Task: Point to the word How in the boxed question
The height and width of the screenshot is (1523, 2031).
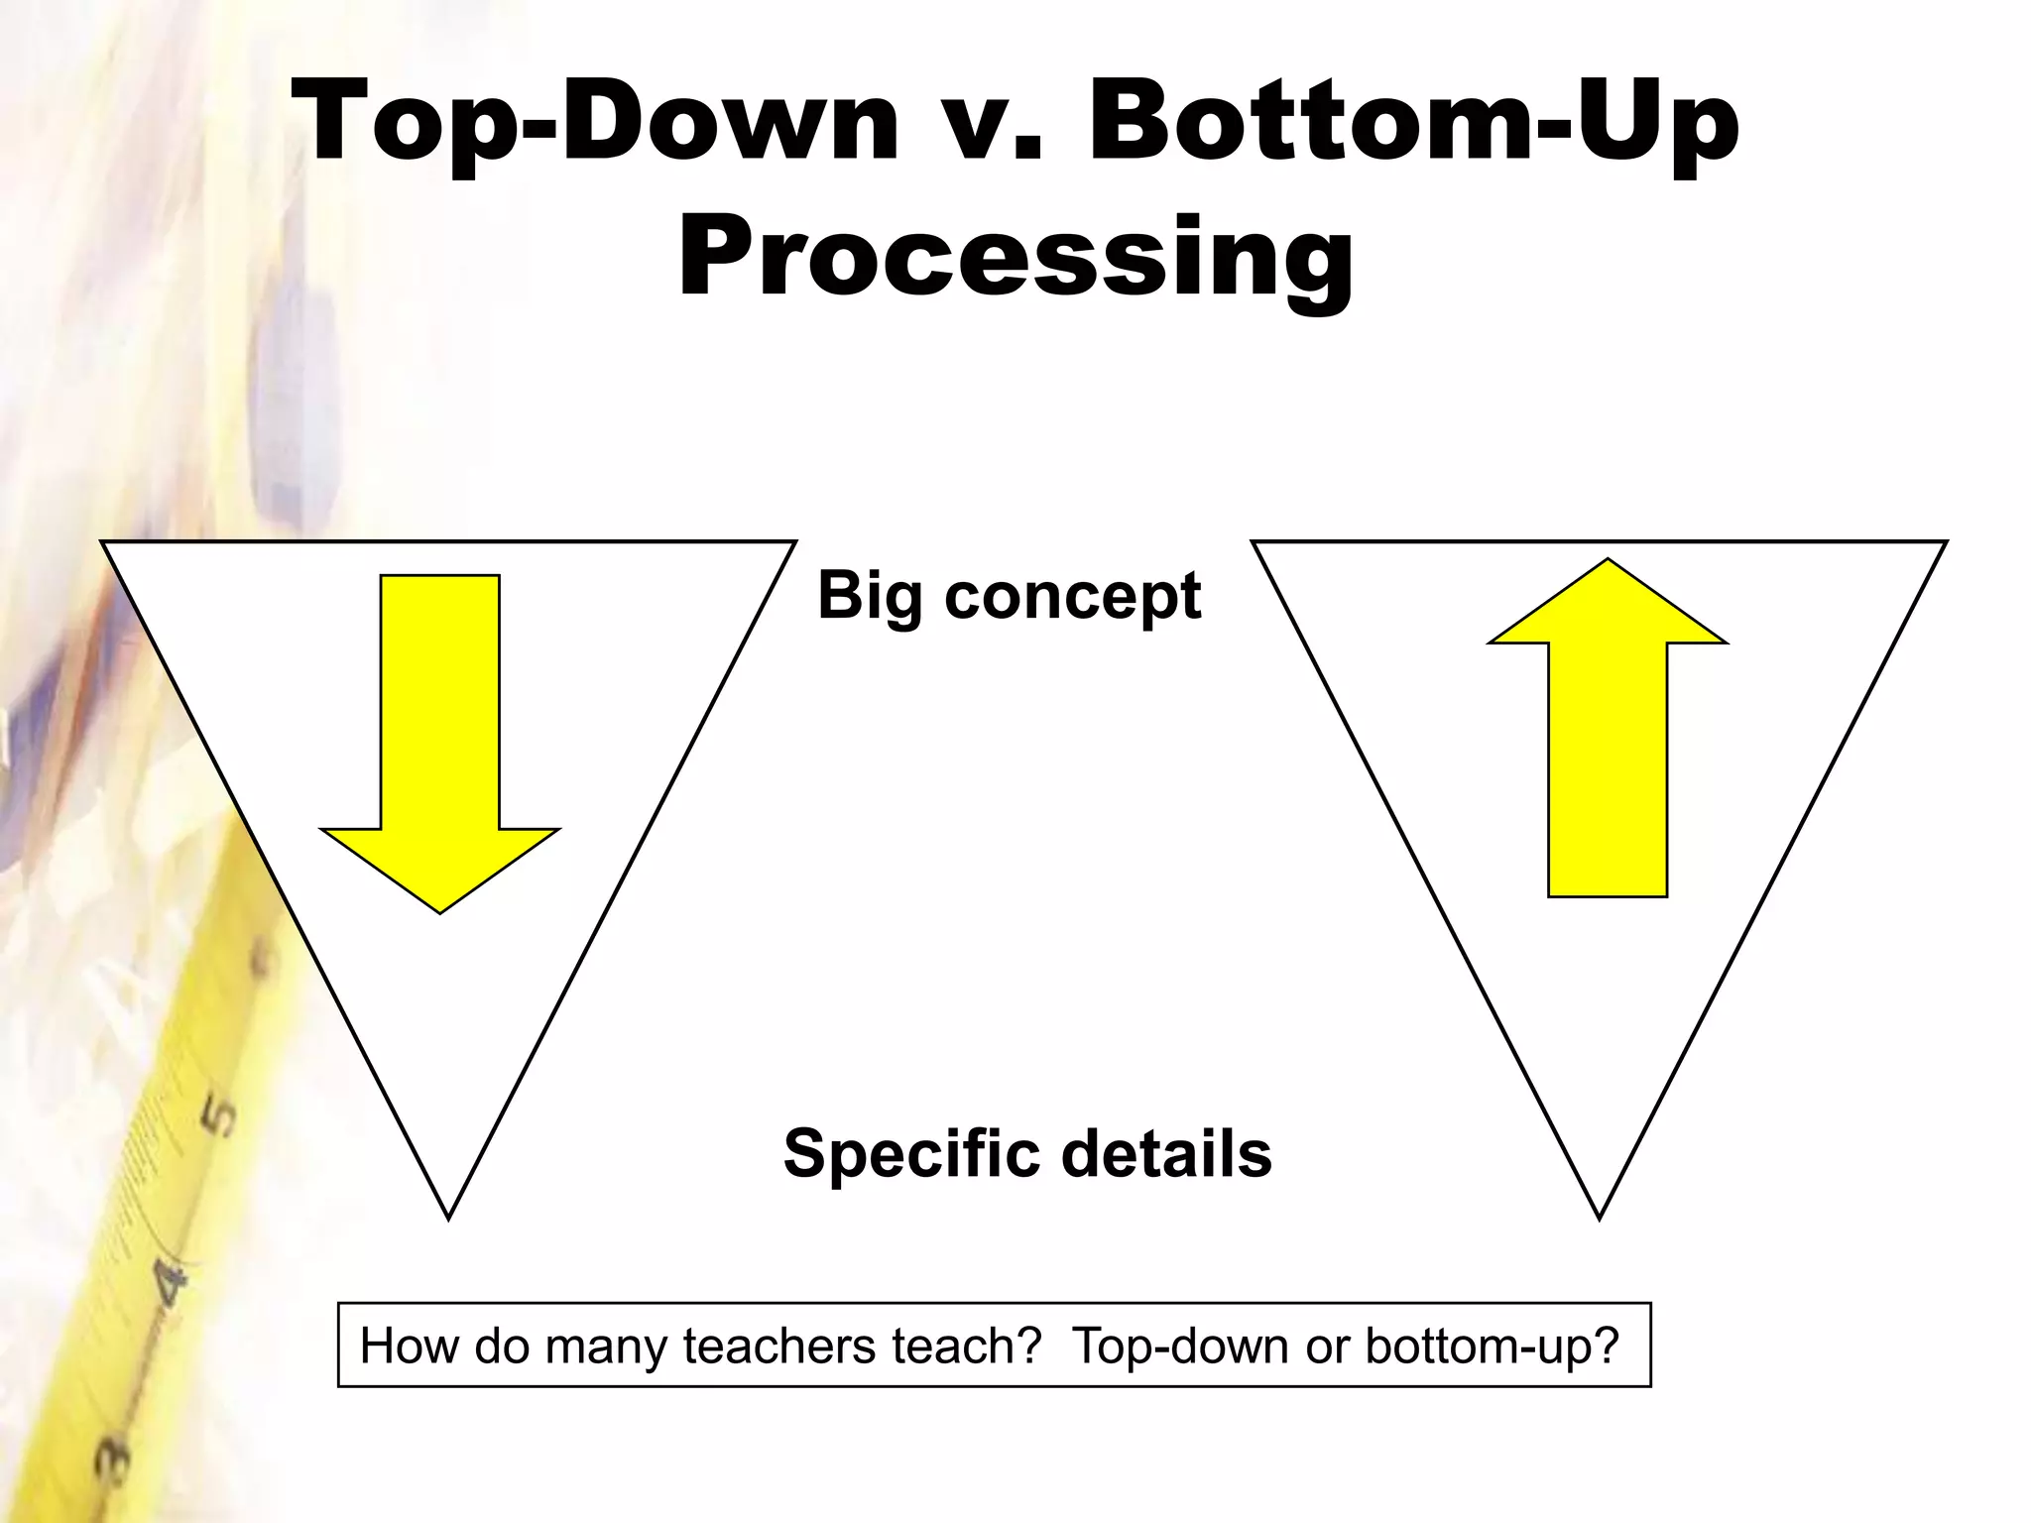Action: (x=410, y=1347)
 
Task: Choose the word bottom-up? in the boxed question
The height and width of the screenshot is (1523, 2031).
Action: (x=1492, y=1347)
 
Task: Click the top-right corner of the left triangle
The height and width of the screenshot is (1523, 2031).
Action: (x=794, y=542)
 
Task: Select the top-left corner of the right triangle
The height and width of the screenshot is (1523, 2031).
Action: (x=1254, y=542)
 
